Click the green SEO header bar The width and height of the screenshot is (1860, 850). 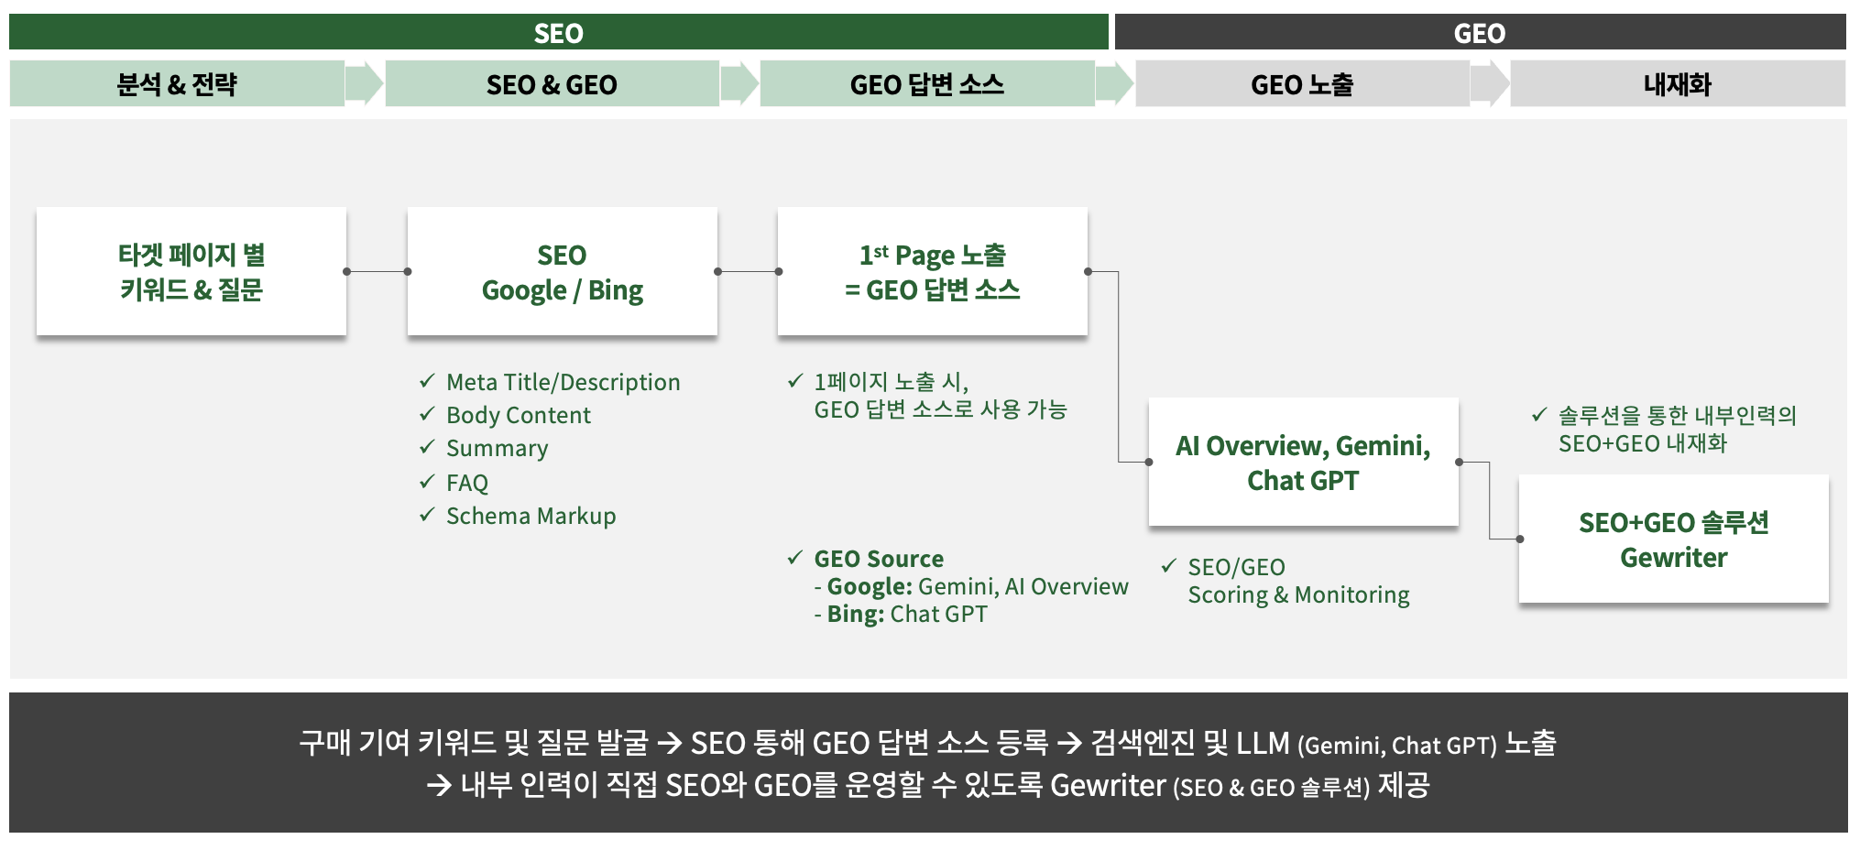(558, 33)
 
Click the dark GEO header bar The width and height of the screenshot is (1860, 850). (1479, 33)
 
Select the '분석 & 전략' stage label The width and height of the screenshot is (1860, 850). (177, 84)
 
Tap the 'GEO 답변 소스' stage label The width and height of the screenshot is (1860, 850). (926, 84)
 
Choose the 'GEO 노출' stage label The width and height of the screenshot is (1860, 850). (1301, 84)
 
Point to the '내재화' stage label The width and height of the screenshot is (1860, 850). (1677, 84)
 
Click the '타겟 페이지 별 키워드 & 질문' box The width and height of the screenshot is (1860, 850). (191, 272)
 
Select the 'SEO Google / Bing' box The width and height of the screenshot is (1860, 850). (562, 272)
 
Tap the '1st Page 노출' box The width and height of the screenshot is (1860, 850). (932, 272)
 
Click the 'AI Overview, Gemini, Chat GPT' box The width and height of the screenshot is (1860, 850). (1303, 463)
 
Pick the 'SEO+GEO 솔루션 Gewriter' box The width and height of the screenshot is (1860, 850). (1673, 539)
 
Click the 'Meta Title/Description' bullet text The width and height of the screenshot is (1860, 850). (563, 382)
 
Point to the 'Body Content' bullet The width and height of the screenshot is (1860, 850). (518, 415)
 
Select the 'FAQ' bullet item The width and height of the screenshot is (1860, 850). (466, 483)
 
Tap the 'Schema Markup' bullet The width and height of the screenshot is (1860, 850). (531, 516)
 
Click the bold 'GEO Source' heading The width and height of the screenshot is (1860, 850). (878, 559)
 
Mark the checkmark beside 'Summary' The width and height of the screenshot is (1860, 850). (427, 447)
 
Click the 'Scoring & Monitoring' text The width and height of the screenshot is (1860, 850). (1298, 595)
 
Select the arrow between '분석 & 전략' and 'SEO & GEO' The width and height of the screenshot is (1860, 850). (365, 84)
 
